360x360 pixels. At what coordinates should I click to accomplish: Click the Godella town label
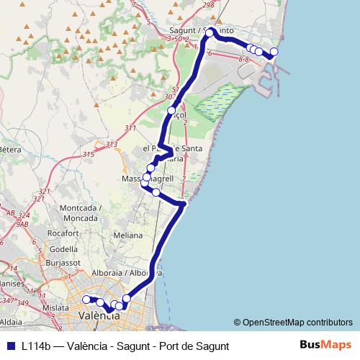pos(64,249)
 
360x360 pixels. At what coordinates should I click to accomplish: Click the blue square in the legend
pos(11,346)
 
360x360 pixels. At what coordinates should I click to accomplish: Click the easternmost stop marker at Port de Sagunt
pos(274,51)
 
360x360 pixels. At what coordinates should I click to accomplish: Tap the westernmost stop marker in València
pos(86,300)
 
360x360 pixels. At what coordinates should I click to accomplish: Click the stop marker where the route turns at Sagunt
pos(210,33)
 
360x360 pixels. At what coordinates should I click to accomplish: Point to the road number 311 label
pos(130,128)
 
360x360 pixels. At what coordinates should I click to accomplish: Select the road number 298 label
pos(209,6)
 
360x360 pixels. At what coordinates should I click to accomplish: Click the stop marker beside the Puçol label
pos(171,111)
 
